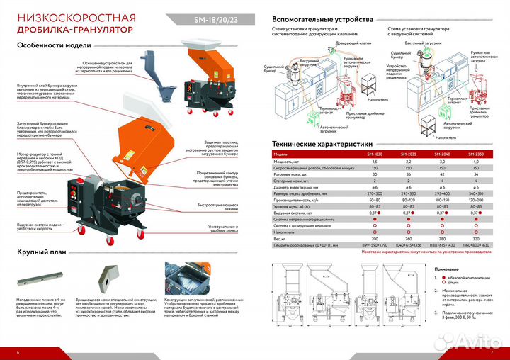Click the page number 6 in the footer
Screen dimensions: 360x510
[18, 351]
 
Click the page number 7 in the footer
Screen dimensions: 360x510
[491, 351]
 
